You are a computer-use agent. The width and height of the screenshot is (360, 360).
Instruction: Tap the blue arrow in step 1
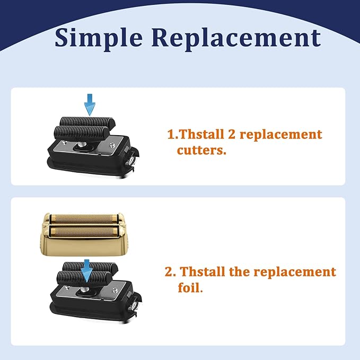pyautogui.click(x=90, y=104)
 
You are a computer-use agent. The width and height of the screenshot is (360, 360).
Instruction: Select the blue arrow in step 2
pyautogui.click(x=86, y=271)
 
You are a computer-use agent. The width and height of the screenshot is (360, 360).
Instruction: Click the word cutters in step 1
pyautogui.click(x=201, y=150)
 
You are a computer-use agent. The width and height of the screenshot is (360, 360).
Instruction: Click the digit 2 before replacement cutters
pyautogui.click(x=232, y=134)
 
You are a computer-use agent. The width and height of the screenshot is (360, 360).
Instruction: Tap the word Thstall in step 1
pyautogui.click(x=201, y=134)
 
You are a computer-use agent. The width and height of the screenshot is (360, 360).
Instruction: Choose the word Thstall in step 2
pyautogui.click(x=203, y=271)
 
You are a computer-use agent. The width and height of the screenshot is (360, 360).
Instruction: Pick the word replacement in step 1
pyautogui.click(x=281, y=135)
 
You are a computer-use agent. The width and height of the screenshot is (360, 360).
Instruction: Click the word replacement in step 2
pyautogui.click(x=295, y=273)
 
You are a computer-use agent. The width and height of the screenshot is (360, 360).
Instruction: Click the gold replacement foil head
pyautogui.click(x=84, y=234)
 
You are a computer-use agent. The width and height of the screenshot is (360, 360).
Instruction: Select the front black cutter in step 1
pyautogui.click(x=82, y=133)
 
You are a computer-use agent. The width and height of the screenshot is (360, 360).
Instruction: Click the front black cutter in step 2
pyautogui.click(x=84, y=278)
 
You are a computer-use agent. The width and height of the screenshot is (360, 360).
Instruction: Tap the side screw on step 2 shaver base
pyautogui.click(x=134, y=306)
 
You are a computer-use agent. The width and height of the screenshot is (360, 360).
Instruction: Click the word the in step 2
pyautogui.click(x=239, y=271)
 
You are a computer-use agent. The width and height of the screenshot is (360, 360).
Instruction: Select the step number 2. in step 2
pyautogui.click(x=171, y=272)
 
